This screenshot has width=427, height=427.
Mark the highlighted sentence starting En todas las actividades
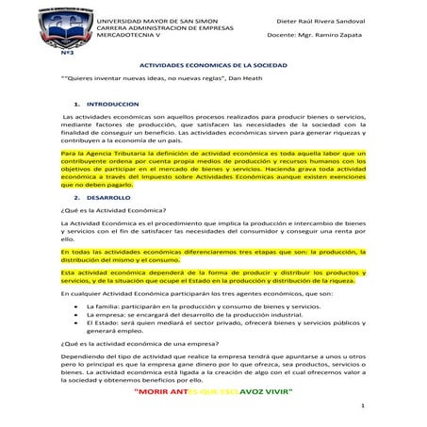point(212,256)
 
